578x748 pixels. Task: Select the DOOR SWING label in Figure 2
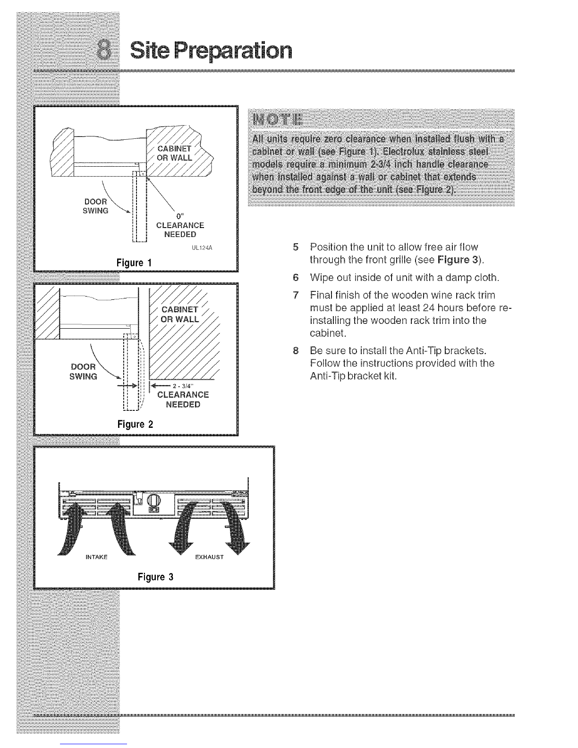(84, 372)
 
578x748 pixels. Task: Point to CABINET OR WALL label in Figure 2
(179, 314)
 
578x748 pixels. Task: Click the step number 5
(296, 247)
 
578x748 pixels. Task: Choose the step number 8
(296, 351)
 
